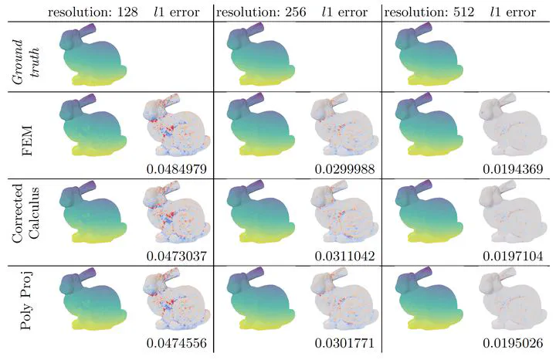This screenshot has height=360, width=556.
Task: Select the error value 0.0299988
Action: (345, 168)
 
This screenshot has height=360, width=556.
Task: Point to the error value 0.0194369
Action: (511, 168)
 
